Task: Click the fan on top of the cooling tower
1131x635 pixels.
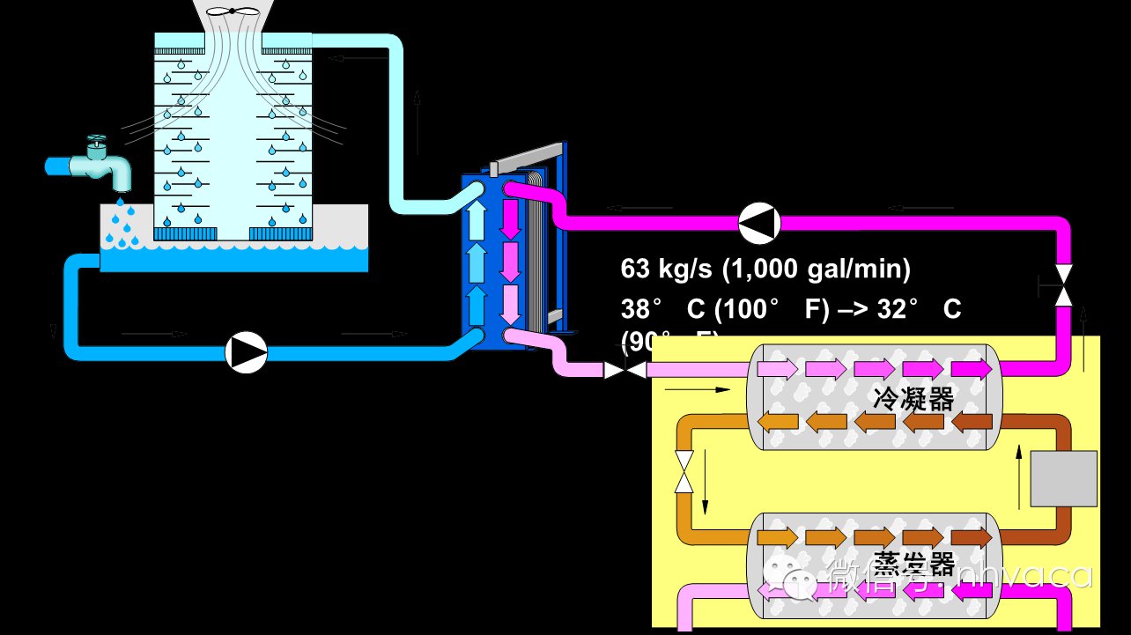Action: tap(233, 11)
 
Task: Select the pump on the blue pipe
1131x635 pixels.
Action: tap(247, 352)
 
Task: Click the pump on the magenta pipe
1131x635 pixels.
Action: tap(758, 223)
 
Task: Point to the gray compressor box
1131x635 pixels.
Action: tap(1063, 478)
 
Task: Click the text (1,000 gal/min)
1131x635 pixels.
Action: tap(817, 268)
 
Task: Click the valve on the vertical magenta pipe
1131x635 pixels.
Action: tap(1064, 287)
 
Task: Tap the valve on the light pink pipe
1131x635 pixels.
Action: tap(625, 371)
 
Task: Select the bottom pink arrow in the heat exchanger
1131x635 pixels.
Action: tap(512, 305)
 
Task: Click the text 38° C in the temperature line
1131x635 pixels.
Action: tap(661, 310)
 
